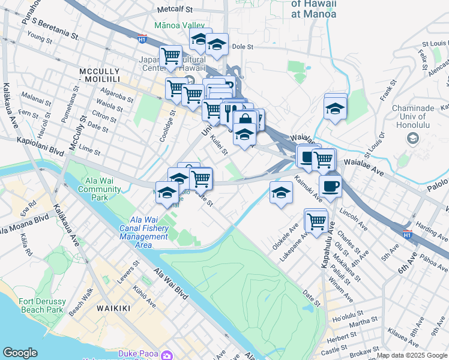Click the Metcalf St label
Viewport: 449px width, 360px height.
pyautogui.click(x=174, y=10)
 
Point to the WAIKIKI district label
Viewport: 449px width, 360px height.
pyautogui.click(x=113, y=308)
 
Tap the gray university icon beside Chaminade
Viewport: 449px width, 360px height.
pyautogui.click(x=412, y=139)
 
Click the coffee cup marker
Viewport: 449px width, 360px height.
pyautogui.click(x=330, y=185)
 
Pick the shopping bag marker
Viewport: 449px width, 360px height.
pyautogui.click(x=244, y=119)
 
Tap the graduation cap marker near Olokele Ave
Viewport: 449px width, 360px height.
pyautogui.click(x=280, y=193)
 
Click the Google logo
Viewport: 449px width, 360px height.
pyautogui.click(x=20, y=353)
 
